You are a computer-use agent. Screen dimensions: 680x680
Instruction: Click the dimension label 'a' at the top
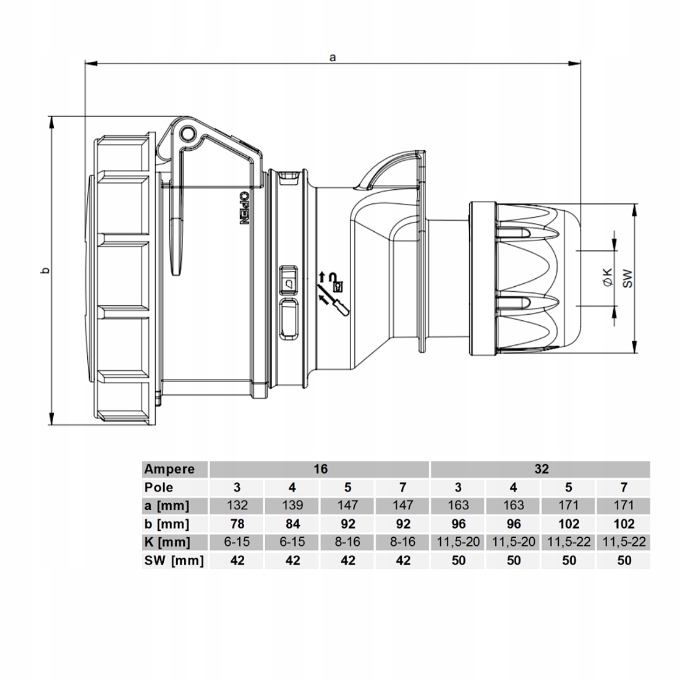[333, 57]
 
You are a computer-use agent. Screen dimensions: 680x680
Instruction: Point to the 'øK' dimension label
[608, 277]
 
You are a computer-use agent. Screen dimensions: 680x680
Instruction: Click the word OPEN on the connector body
[244, 208]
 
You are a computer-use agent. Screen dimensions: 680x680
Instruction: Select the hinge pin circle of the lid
[187, 134]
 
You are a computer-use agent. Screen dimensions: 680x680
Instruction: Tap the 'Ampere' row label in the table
[169, 469]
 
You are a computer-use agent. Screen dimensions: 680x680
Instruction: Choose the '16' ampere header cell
[320, 469]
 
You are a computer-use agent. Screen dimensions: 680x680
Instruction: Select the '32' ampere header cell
[542, 469]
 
